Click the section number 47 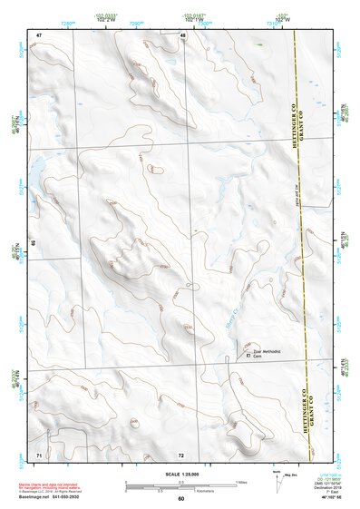(x=39, y=34)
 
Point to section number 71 (x=39, y=453)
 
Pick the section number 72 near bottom (x=181, y=454)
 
